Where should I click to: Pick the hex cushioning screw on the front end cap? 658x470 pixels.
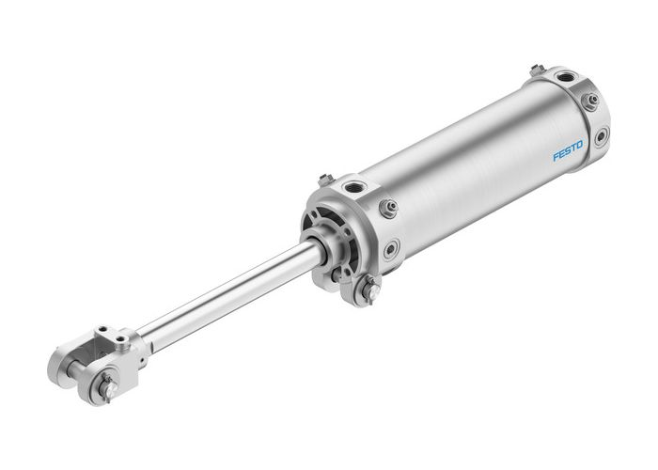click(x=385, y=209)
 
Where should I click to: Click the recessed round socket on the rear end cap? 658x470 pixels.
click(x=601, y=137)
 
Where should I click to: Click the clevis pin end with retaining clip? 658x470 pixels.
click(x=107, y=384)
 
